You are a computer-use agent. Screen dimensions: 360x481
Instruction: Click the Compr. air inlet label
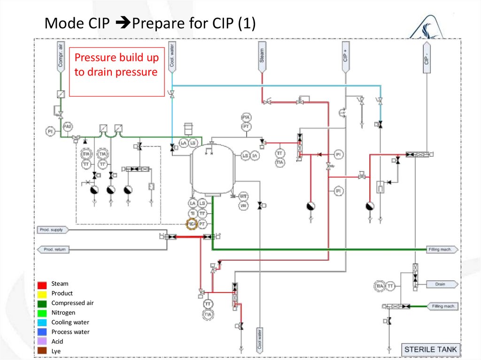coord(60,56)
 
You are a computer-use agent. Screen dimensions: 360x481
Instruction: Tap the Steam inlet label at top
coord(262,57)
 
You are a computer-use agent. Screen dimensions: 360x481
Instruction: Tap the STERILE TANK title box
coord(430,350)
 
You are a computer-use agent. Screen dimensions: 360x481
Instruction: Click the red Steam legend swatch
coord(42,284)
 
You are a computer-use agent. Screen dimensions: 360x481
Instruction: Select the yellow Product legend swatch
coord(42,294)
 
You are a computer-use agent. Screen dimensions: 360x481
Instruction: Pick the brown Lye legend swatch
coord(42,351)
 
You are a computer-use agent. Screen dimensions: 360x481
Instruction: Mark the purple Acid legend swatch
coord(42,342)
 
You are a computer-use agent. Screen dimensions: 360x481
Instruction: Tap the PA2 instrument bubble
coord(68,126)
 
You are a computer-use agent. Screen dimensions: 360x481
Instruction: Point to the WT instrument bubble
coord(243,196)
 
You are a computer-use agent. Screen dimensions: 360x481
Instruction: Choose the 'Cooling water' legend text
coord(70,322)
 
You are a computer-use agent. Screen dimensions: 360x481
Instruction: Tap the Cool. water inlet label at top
coord(172,57)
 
